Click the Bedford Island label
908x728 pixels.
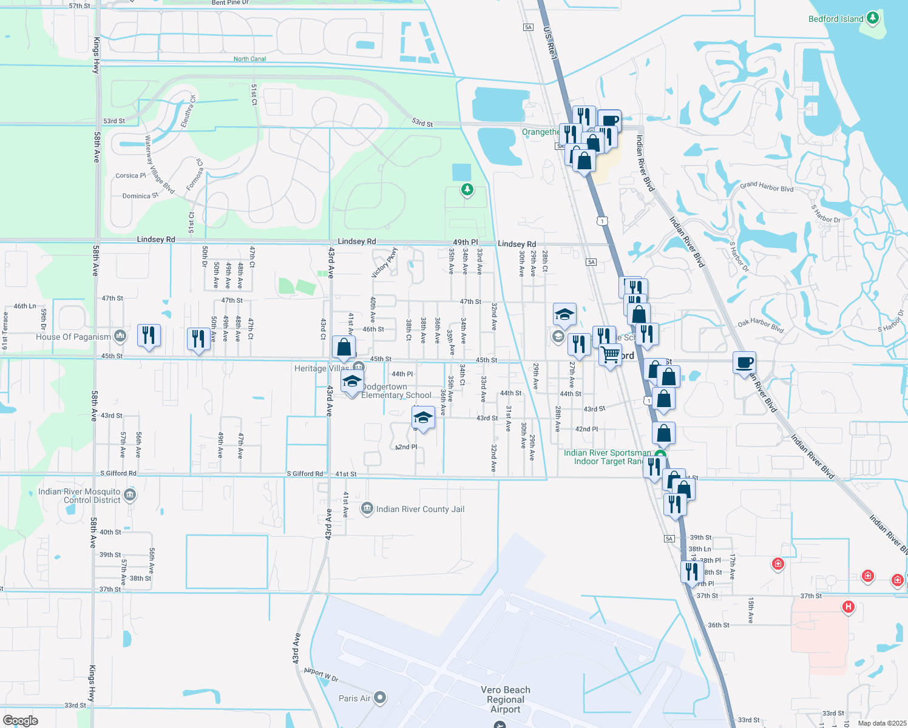point(836,19)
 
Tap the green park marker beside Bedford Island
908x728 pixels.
point(873,18)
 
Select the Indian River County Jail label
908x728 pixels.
point(420,509)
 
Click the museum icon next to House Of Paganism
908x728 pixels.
point(120,335)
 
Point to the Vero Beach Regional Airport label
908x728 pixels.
point(506,699)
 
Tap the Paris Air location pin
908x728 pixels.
point(380,698)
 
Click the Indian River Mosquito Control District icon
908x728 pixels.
point(130,496)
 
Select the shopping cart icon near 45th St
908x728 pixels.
point(610,354)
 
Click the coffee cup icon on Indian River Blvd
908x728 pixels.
point(744,363)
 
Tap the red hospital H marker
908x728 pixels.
point(849,606)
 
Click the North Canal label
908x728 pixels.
point(249,59)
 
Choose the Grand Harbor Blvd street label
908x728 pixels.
point(767,187)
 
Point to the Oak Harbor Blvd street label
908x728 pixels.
point(761,325)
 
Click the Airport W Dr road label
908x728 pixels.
point(321,675)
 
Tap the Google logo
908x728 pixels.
point(21,721)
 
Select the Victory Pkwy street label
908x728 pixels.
point(384,263)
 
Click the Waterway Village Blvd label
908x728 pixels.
point(159,165)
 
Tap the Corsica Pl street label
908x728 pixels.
point(130,176)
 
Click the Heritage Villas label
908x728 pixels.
point(322,368)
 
